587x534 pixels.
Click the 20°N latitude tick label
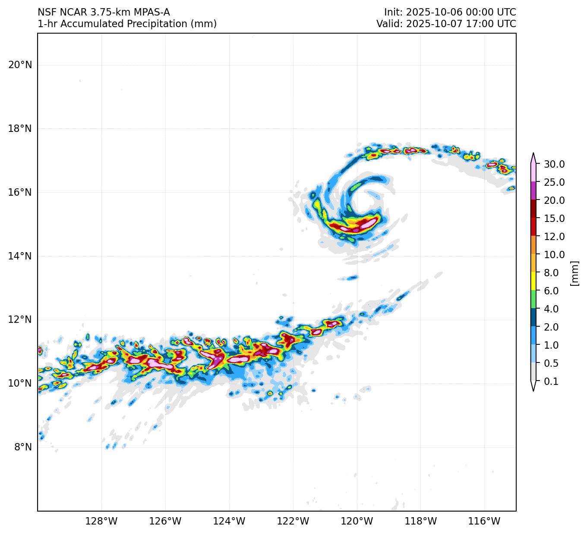[20, 65]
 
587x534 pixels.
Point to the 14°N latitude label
[20, 256]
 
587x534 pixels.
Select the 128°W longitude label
[101, 522]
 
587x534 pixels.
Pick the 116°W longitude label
[484, 522]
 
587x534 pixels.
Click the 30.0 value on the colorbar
[554, 164]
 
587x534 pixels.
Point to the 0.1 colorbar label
[551, 381]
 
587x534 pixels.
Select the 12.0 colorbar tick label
[554, 237]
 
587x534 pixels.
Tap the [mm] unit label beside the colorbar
[574, 273]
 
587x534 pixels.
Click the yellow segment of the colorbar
[533, 281]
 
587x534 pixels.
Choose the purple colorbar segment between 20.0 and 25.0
[533, 190]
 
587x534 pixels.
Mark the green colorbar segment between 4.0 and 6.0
[533, 299]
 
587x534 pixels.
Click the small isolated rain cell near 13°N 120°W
[353, 278]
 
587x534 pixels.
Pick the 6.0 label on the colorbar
[551, 291]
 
